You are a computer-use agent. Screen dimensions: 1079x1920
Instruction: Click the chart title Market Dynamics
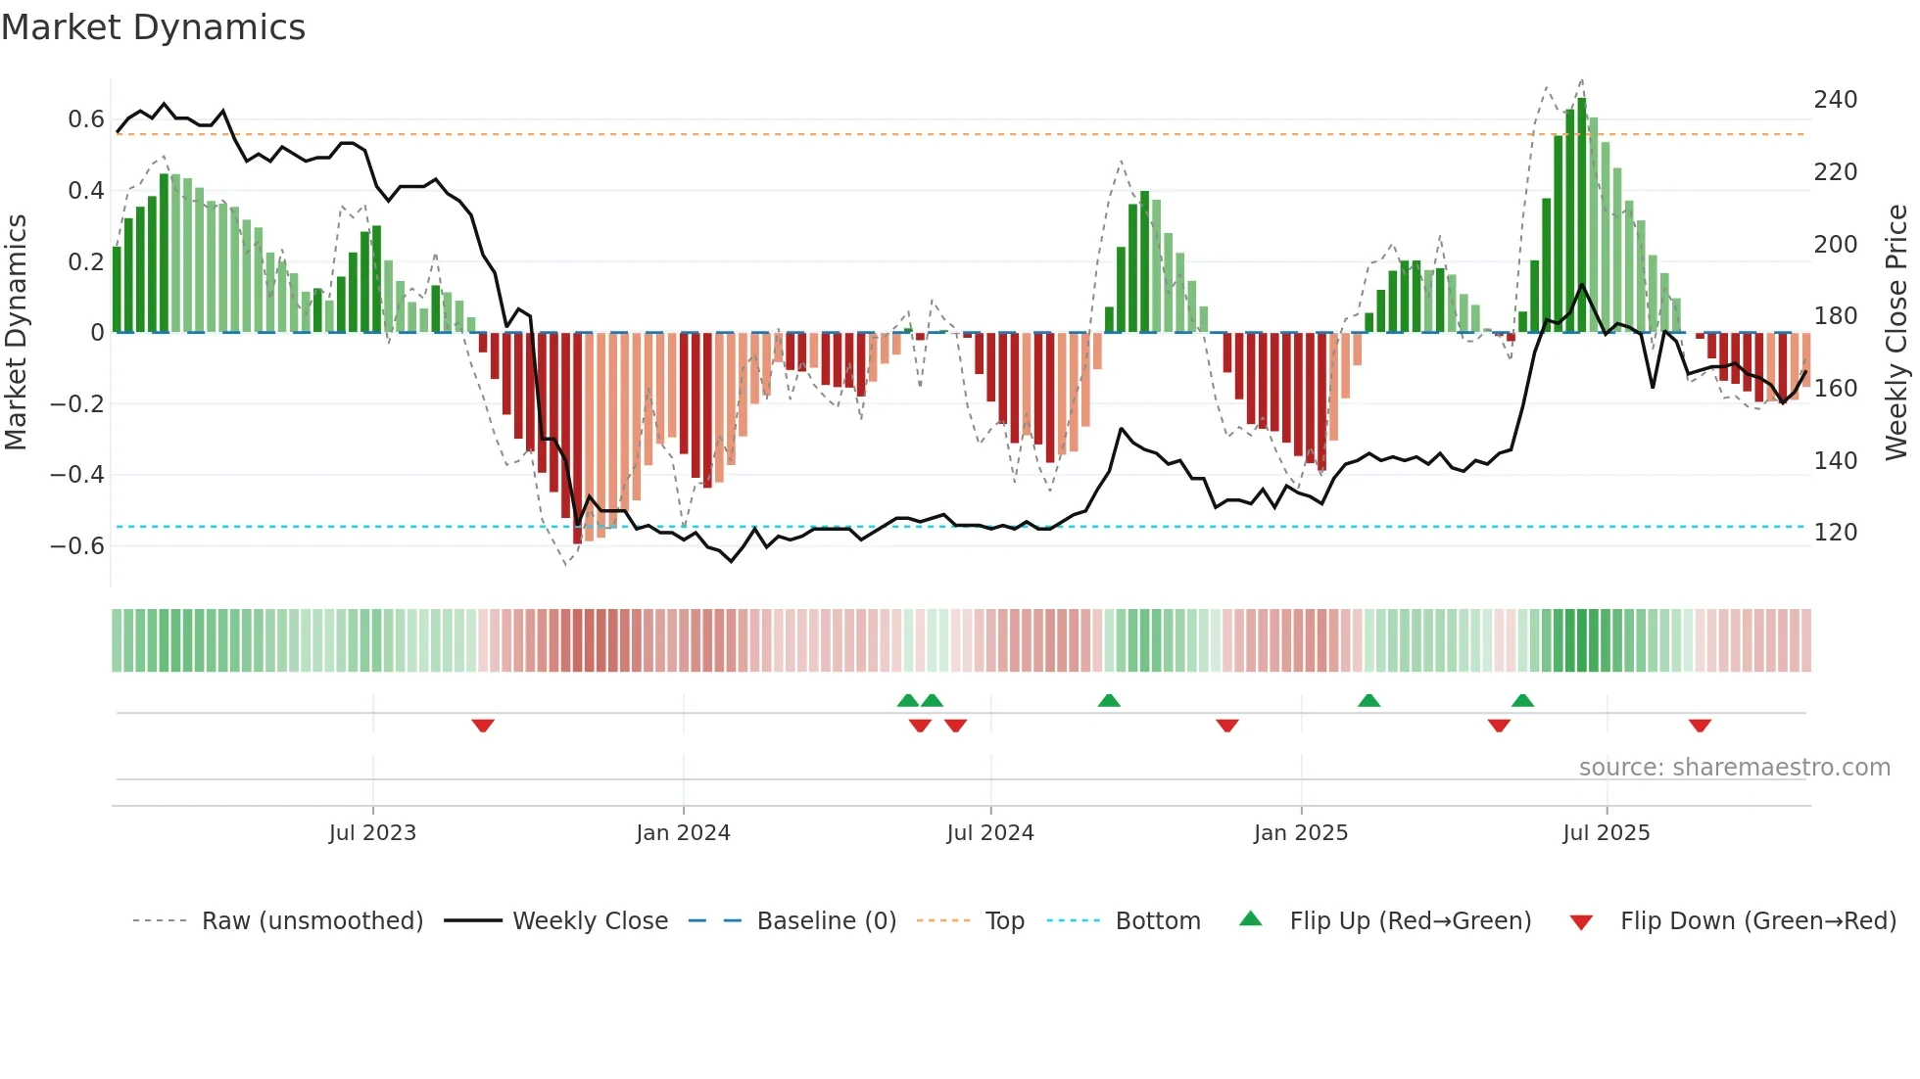(x=154, y=27)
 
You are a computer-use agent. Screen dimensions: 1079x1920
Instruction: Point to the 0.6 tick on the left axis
(x=86, y=119)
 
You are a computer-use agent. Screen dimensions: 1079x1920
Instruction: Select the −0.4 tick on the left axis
(x=77, y=475)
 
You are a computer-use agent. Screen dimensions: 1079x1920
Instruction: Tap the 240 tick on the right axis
(x=1835, y=100)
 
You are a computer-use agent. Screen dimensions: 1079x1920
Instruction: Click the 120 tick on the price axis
(x=1835, y=533)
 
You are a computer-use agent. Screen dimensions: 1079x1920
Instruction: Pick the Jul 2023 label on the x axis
(x=372, y=833)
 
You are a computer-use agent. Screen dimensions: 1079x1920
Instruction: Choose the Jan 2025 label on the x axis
(x=1301, y=833)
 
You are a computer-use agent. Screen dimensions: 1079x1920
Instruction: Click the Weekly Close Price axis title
(x=1896, y=332)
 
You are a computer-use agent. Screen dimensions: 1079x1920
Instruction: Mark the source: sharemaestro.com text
(x=1734, y=768)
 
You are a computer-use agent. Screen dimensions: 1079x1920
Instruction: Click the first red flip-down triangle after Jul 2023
(x=483, y=726)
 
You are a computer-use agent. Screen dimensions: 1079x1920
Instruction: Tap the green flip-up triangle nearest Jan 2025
(x=1369, y=700)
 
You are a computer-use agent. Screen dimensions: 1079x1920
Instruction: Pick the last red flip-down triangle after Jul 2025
(x=1700, y=726)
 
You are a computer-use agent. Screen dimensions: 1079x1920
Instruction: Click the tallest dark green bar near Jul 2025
(x=1582, y=215)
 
